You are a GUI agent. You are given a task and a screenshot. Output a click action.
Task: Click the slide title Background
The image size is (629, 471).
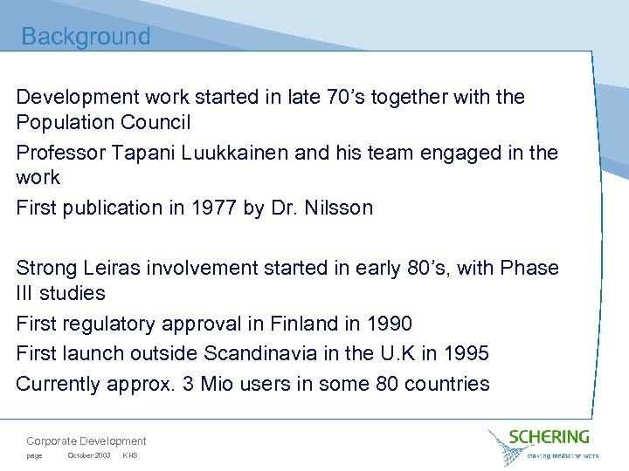(x=86, y=37)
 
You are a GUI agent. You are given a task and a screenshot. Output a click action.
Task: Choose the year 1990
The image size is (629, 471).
(x=388, y=324)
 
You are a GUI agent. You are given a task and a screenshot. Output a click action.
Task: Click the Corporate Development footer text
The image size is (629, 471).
(x=86, y=441)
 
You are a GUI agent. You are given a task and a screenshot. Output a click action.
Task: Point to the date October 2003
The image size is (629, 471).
(x=89, y=456)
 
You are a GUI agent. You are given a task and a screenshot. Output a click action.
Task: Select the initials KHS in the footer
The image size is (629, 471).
(x=130, y=456)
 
